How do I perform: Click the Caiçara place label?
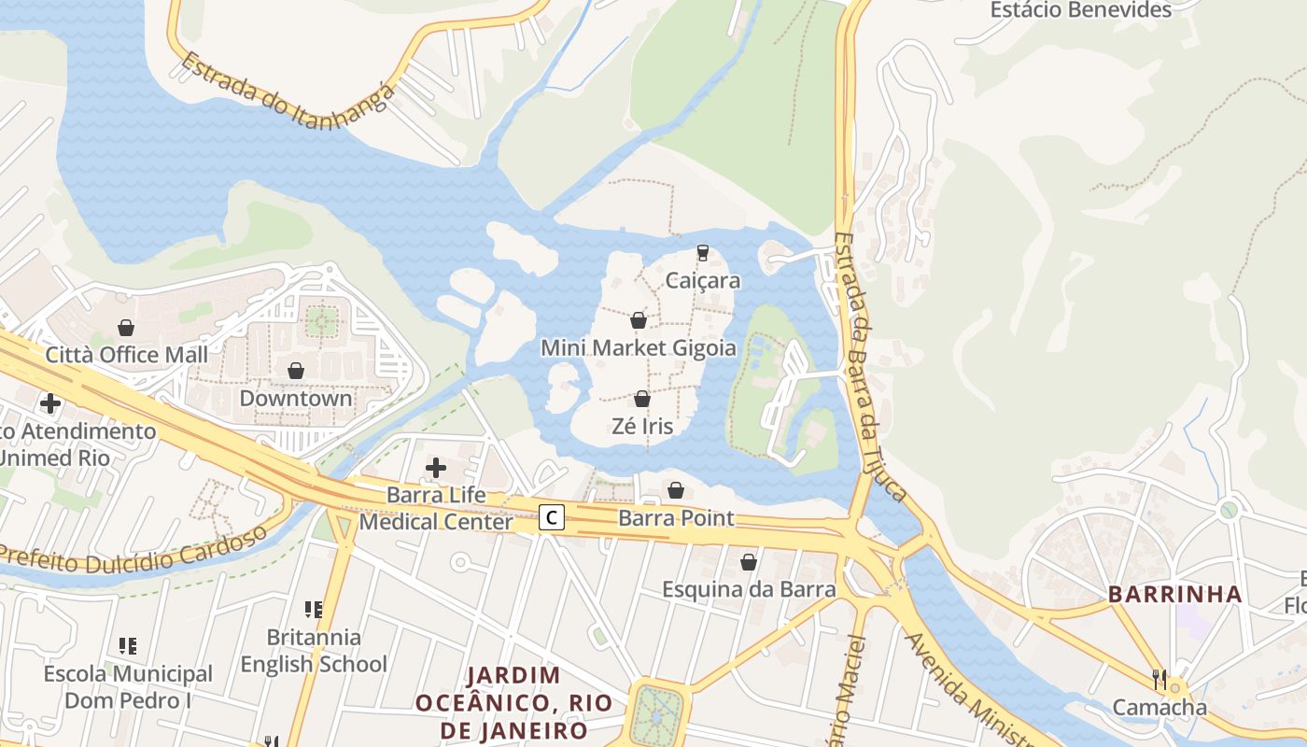point(703,280)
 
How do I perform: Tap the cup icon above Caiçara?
point(703,252)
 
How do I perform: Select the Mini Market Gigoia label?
point(639,348)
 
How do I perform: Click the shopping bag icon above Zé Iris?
point(642,399)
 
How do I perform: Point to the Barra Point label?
point(676,518)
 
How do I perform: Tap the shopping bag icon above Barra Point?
point(676,490)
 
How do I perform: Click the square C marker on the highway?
point(553,516)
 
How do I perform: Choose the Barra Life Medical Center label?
point(436,508)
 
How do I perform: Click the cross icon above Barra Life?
point(436,468)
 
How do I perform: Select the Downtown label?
point(296,398)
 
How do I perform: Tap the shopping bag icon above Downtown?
point(296,371)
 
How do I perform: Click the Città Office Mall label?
point(127,355)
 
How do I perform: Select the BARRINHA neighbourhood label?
point(1174,594)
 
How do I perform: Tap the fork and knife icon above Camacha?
point(1159,679)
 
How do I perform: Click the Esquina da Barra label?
point(749,589)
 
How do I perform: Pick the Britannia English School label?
point(314,651)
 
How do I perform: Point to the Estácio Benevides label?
point(1080,10)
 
